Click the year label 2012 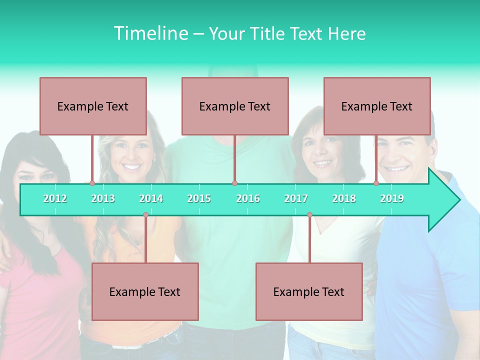55,198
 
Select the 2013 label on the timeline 103,198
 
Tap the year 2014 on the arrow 151,198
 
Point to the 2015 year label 199,198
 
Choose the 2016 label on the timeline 248,198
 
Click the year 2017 296,198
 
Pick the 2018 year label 344,198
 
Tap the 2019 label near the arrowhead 392,198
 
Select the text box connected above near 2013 93,106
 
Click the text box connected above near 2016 235,106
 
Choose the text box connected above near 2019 377,106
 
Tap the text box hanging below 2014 145,291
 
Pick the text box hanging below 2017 309,291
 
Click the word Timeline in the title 150,33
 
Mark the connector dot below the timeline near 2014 145,215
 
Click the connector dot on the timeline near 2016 234,183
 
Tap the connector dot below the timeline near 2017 309,215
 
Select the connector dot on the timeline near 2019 376,183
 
